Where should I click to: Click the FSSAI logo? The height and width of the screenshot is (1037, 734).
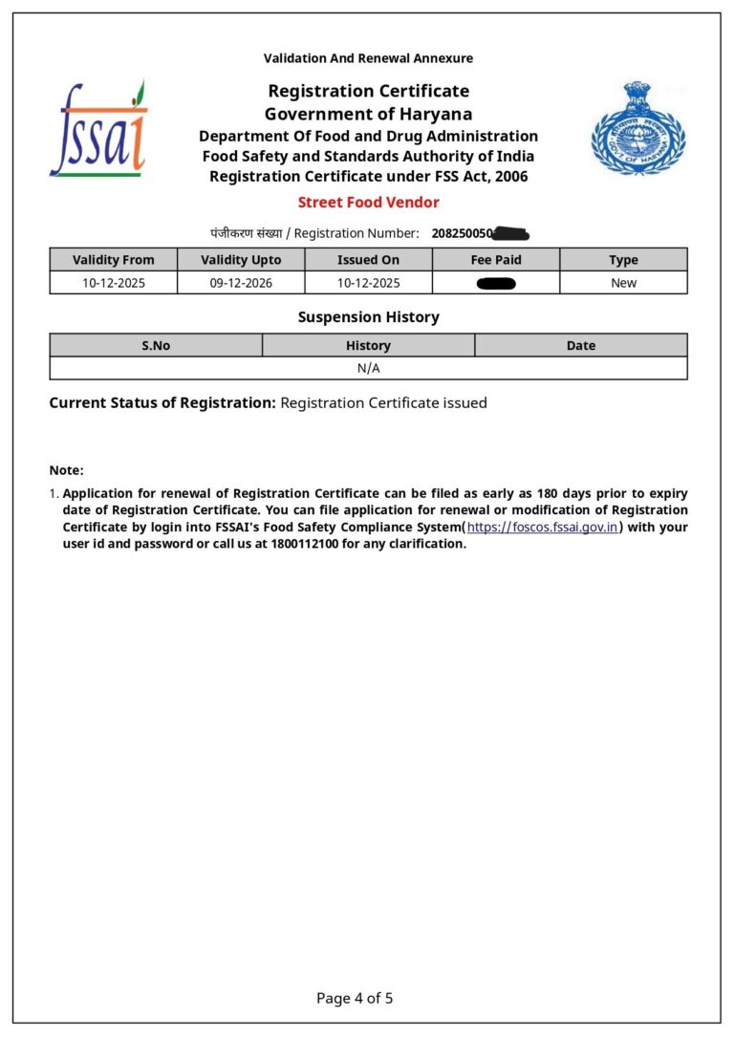[x=98, y=129]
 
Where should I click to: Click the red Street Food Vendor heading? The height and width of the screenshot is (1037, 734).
[x=368, y=202]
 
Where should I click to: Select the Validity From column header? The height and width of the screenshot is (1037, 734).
[x=113, y=260]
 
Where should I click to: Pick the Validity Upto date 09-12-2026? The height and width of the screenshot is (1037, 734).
[x=240, y=283]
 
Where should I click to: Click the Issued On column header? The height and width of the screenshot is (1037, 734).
[x=368, y=260]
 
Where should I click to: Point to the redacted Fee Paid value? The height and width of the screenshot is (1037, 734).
[x=495, y=283]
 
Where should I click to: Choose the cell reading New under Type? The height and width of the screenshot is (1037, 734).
[x=623, y=283]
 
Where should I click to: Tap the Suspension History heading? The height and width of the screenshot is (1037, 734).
[x=368, y=316]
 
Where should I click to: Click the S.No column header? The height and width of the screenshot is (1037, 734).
[x=156, y=346]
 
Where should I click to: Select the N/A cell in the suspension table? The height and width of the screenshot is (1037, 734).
[x=368, y=368]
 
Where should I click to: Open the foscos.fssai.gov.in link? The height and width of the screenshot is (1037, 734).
[x=542, y=528]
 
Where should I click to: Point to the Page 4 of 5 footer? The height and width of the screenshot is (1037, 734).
[x=355, y=998]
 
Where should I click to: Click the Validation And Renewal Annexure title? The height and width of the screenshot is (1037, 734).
[x=368, y=58]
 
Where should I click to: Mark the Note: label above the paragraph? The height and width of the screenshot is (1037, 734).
[x=67, y=470]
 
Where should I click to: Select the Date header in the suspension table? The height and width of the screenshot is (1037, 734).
[x=580, y=346]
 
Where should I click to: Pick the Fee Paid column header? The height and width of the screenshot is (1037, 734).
[x=495, y=260]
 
